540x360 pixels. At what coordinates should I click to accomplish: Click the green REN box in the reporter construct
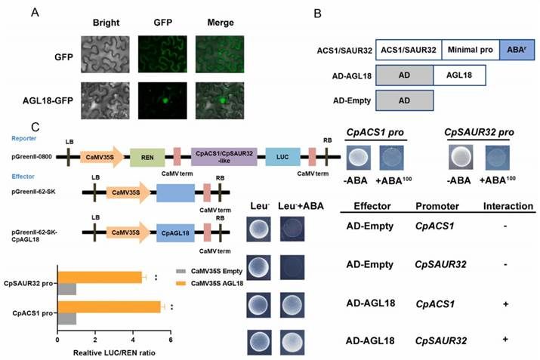147,157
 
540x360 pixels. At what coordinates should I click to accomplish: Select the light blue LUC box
282,157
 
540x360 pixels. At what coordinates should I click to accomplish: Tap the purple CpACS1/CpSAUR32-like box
224,157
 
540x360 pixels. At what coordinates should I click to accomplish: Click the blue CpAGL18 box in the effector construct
175,232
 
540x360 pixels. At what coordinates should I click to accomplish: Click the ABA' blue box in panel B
517,50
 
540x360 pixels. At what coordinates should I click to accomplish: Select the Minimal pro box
471,50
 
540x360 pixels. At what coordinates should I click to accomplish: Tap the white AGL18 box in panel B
459,75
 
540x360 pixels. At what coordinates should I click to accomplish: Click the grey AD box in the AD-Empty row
405,100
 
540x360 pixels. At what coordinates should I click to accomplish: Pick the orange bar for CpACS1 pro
110,307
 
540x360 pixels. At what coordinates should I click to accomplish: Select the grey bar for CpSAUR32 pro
67,289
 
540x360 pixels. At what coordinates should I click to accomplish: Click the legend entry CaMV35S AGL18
209,283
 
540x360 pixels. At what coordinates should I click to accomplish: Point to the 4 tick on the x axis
133,340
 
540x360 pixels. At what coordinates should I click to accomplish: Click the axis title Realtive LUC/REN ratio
114,352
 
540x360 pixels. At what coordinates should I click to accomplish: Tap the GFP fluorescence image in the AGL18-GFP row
162,100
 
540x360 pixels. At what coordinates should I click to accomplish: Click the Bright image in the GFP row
106,54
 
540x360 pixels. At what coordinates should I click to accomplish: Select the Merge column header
221,23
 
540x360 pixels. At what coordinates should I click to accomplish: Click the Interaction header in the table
508,206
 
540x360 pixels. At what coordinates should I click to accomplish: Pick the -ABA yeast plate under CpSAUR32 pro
461,157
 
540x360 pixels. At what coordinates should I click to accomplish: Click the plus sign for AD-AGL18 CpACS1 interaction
505,304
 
